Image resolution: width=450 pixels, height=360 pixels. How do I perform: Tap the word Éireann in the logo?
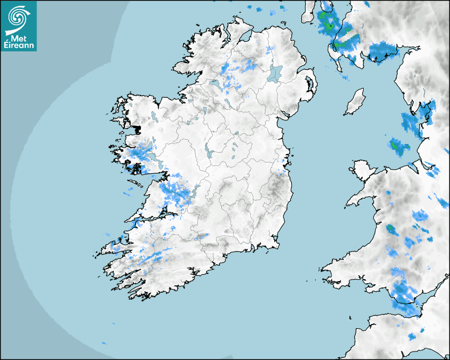(x=18, y=46)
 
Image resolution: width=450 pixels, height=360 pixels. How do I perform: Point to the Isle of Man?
(x=355, y=102)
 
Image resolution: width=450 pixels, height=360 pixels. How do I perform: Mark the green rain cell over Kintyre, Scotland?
(x=329, y=23)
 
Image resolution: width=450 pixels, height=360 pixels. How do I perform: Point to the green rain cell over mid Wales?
(x=392, y=229)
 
